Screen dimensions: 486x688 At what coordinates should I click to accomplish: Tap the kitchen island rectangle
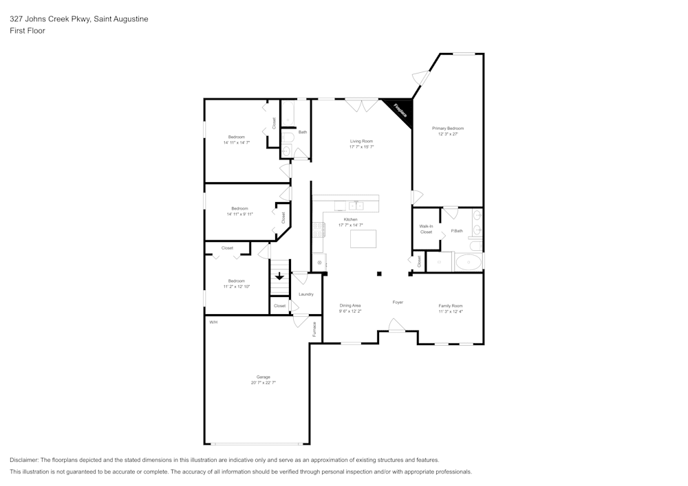point(363,239)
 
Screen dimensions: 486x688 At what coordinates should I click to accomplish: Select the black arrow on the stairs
point(279,276)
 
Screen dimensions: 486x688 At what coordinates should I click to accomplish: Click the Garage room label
point(263,377)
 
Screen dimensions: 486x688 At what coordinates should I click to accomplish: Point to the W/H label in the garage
point(213,322)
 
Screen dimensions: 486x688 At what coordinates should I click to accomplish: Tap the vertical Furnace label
point(314,329)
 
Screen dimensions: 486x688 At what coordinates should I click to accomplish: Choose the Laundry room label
point(306,294)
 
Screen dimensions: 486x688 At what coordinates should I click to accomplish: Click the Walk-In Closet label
point(426,229)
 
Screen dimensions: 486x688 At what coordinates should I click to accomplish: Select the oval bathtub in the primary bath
point(469,262)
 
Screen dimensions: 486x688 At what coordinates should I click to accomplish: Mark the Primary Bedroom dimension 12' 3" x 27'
point(448,134)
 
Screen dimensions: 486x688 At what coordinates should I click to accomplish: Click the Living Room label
point(361,141)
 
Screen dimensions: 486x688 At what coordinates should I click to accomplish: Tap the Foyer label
point(398,302)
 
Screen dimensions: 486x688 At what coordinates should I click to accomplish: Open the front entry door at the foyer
point(396,325)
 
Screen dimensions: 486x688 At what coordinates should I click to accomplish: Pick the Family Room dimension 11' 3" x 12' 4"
point(451,311)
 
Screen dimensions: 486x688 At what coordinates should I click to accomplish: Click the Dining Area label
point(350,305)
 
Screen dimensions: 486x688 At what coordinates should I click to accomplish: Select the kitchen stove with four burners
point(319,229)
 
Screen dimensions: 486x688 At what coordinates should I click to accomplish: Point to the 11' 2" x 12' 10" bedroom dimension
point(237,286)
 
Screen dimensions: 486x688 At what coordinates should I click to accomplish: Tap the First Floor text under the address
point(28,31)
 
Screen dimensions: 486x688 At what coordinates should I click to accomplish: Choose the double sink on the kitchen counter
point(356,205)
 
